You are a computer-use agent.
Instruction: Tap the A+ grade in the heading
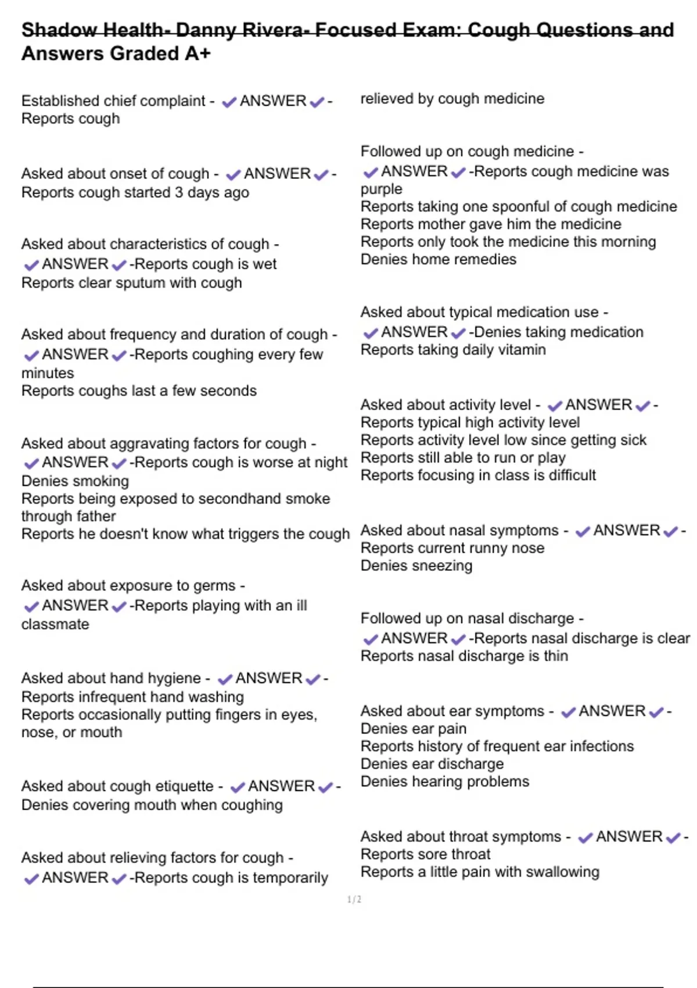(197, 53)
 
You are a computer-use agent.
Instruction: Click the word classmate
(55, 624)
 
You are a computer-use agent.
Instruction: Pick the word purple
(381, 189)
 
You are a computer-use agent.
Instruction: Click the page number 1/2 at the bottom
(354, 900)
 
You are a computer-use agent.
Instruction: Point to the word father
(92, 516)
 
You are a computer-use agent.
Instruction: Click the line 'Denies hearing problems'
(444, 782)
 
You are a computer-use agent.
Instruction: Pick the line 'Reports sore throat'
(425, 854)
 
